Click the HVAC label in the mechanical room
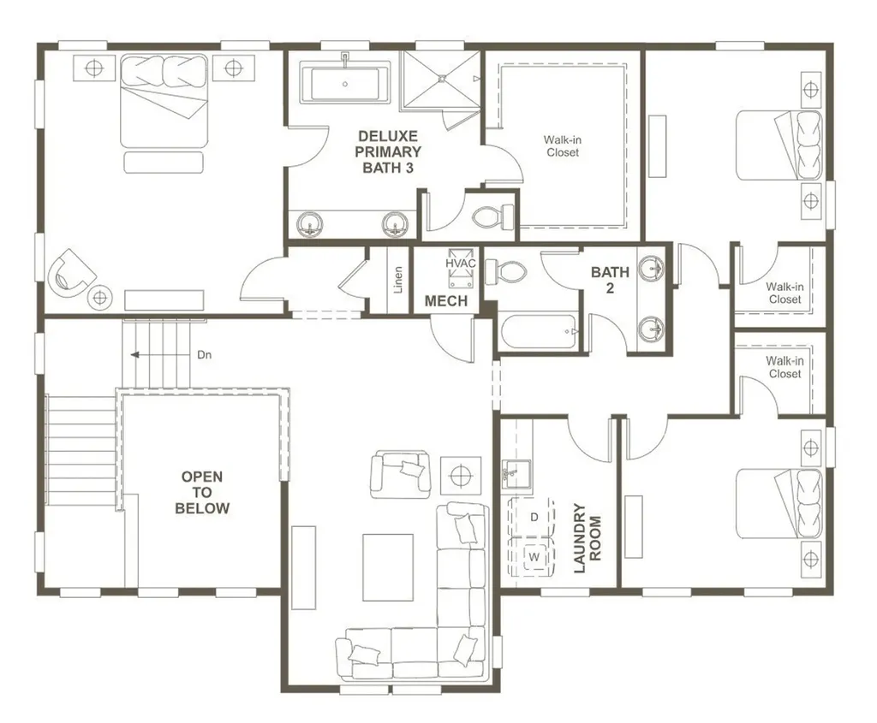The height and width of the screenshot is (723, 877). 460,264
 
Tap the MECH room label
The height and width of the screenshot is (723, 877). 445,301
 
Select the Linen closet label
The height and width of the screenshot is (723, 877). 397,280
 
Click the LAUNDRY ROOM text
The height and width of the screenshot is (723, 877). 588,537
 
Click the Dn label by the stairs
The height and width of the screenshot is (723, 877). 204,355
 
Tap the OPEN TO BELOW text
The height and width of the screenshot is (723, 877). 202,492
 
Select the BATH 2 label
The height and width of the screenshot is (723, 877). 610,280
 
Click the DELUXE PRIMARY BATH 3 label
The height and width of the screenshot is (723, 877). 388,151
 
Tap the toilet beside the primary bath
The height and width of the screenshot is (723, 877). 492,216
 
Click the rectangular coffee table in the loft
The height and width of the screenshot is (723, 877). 388,567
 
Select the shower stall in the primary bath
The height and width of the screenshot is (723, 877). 442,78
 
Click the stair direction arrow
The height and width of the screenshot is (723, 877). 159,355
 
